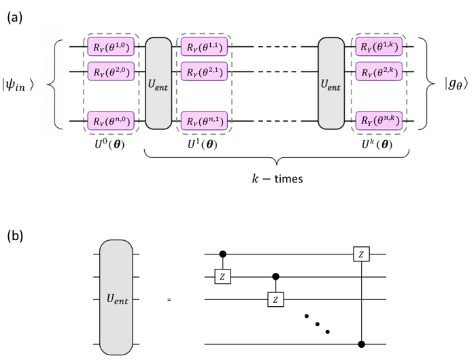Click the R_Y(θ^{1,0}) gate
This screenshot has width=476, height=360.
point(112,48)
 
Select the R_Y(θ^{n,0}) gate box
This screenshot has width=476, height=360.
point(112,121)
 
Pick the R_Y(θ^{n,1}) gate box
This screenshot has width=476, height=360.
point(205,121)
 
